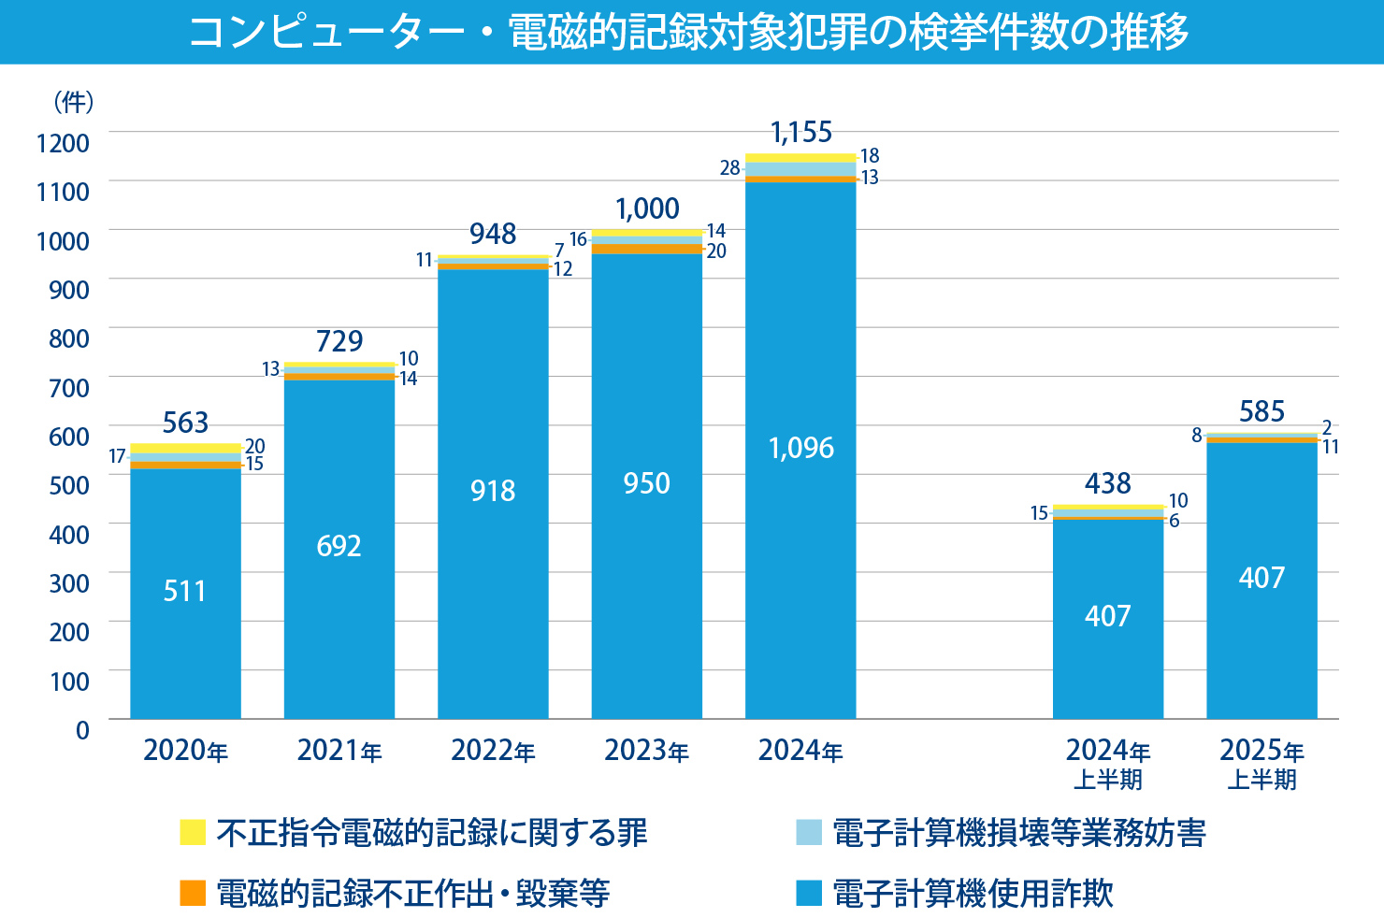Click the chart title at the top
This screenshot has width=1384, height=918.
[689, 32]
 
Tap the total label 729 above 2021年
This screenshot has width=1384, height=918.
[339, 341]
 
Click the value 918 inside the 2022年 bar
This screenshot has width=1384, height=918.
[493, 491]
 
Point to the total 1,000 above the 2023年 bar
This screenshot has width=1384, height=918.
[647, 208]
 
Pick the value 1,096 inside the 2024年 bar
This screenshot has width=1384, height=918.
[800, 448]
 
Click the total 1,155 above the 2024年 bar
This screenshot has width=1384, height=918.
[801, 133]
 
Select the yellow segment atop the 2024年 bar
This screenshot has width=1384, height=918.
[800, 158]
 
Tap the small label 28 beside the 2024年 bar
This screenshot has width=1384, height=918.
[729, 168]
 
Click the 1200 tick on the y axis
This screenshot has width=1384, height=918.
[64, 143]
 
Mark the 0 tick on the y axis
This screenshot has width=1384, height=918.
[82, 730]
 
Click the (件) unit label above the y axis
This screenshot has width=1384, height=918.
[73, 102]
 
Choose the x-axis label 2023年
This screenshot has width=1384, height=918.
[647, 751]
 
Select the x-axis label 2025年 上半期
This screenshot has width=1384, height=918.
[1261, 764]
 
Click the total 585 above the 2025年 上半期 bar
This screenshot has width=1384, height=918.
[1261, 411]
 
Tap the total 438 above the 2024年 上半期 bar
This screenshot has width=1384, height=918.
[1108, 483]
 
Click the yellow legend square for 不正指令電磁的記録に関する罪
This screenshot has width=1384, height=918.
[193, 832]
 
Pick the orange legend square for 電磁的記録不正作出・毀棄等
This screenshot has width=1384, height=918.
[193, 893]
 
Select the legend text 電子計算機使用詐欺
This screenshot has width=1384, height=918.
[973, 893]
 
